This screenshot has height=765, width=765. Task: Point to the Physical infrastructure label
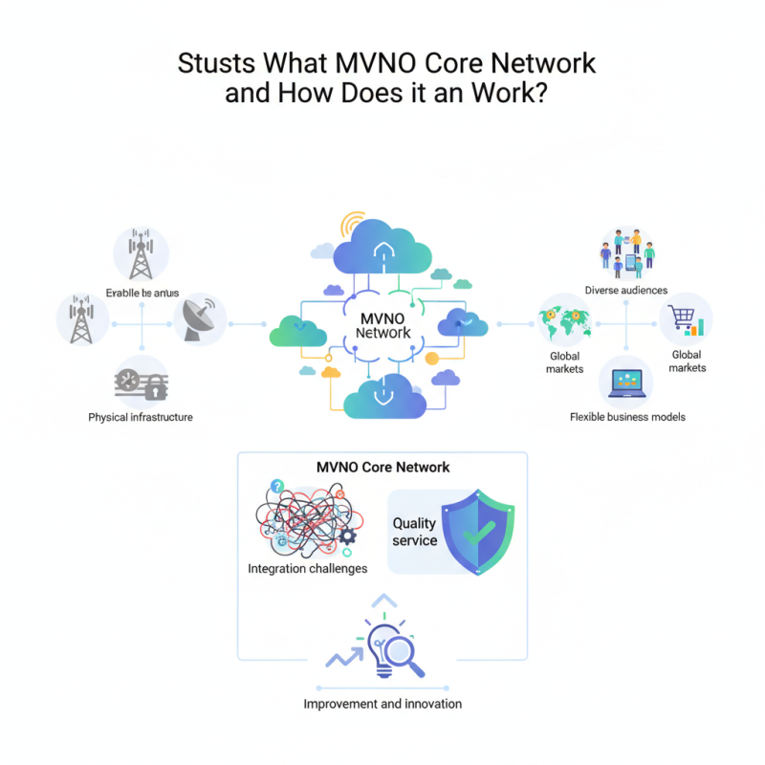coord(141,417)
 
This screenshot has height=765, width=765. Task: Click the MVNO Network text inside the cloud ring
coord(382,325)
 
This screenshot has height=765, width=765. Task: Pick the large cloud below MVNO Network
coord(384,397)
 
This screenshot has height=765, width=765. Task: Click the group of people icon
coord(626,253)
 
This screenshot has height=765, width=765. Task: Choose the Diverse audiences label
coord(626,290)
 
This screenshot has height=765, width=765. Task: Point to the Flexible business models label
coord(627,417)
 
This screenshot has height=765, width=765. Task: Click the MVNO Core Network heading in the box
coord(382,468)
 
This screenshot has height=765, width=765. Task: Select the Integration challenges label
coord(307,569)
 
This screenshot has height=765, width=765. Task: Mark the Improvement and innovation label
coord(382,704)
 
